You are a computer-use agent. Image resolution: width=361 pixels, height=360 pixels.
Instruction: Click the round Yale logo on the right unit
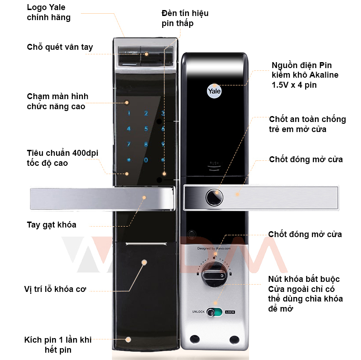214,90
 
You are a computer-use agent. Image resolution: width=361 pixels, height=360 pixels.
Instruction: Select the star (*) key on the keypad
129,160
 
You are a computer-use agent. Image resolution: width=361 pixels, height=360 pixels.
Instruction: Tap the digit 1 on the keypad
129,114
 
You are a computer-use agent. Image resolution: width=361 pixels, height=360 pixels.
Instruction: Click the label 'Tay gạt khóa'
52,225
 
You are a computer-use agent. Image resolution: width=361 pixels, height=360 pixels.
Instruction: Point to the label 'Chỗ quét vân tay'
60,47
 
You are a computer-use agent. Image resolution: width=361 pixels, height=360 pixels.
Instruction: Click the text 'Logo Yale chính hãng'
49,12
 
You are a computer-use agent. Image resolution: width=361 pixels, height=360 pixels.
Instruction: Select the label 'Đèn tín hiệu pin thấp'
185,18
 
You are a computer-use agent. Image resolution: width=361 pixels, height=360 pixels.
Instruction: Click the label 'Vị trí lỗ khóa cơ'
55,289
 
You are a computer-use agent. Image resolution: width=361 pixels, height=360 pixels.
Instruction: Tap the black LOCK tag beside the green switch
230,312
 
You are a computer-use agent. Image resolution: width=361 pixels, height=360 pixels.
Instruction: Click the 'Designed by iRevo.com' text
214,249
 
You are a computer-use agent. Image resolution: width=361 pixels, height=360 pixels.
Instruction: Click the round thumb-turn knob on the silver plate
213,275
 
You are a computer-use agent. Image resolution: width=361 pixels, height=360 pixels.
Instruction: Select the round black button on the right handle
213,197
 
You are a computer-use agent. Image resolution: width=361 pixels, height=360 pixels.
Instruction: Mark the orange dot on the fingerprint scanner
147,54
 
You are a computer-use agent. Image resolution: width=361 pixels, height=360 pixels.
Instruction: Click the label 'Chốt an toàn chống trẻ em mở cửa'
307,124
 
